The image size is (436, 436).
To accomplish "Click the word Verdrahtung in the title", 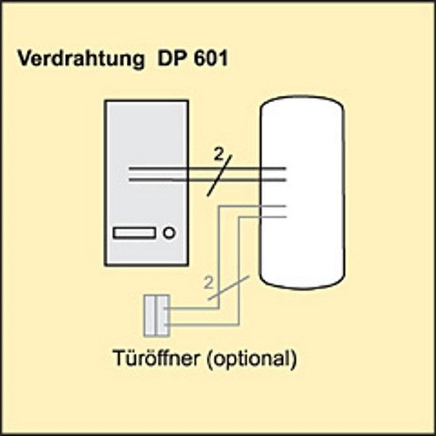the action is coord(81,59).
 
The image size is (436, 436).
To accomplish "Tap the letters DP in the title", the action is coord(171,58).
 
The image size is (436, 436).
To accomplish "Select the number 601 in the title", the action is coord(211,58).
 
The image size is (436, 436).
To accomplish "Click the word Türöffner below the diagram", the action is coord(156,358).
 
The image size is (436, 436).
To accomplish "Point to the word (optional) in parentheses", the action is coord(251,359).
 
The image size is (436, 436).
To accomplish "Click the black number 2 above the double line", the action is coord(218,155).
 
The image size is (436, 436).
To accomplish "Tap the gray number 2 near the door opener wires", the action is coord(208,282).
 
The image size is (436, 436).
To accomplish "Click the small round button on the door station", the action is coord(170,233).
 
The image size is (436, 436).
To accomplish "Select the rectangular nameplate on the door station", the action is coord(135,233).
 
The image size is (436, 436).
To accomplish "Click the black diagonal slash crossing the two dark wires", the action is coord(220,175).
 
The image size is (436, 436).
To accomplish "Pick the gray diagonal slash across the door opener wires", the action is coord(229,288).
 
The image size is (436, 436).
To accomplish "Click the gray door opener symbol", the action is coord(156,316).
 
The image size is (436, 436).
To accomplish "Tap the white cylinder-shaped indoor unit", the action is coord(302,193).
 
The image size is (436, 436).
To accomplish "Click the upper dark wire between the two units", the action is coord(208,169).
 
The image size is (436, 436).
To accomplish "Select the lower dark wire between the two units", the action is coord(208,180).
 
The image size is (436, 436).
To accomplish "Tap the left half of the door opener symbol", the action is coord(150,316).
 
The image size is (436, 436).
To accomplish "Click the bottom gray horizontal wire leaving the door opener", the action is coord(201,324).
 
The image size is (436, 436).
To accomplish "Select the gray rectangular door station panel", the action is coord(147,183).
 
